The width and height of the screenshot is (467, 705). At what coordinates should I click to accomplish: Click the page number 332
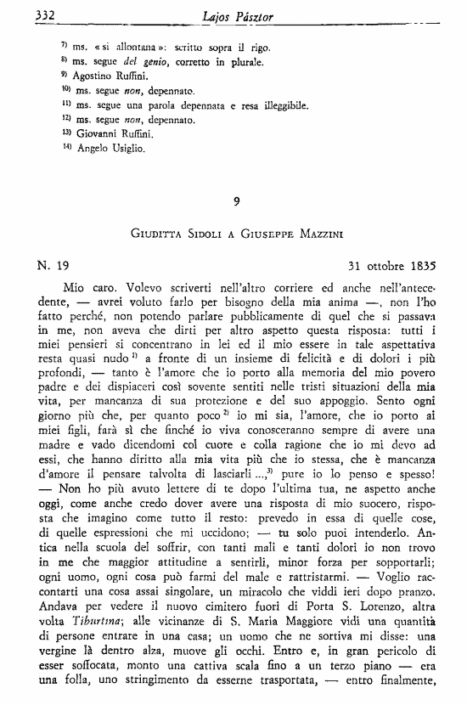coord(21,14)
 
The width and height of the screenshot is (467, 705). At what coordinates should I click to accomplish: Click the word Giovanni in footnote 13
coord(104,134)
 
